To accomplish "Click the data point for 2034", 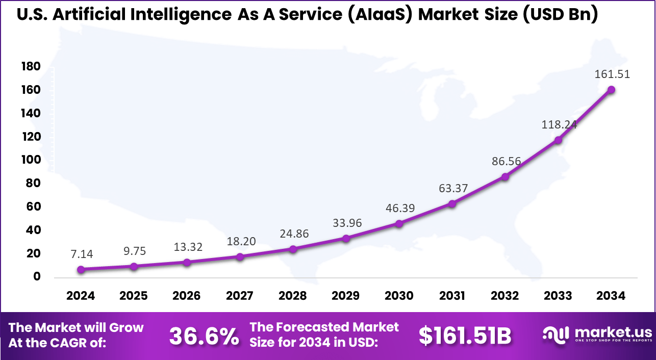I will (x=611, y=90).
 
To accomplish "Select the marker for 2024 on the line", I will (x=81, y=269).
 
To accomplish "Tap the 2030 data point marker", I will (x=399, y=223).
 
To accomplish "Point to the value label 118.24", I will (x=559, y=124).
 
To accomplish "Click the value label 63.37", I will (x=453, y=189).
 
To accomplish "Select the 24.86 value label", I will (x=294, y=234).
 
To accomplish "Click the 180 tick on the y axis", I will (x=31, y=67).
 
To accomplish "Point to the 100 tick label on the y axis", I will (x=31, y=160).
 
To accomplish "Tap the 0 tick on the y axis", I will (x=37, y=277).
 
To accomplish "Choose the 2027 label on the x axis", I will (x=240, y=296).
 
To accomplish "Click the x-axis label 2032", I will (x=505, y=296).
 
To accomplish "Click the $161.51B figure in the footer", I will (x=465, y=336).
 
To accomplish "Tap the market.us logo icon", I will (x=554, y=334).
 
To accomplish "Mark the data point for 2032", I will (x=505, y=176).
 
